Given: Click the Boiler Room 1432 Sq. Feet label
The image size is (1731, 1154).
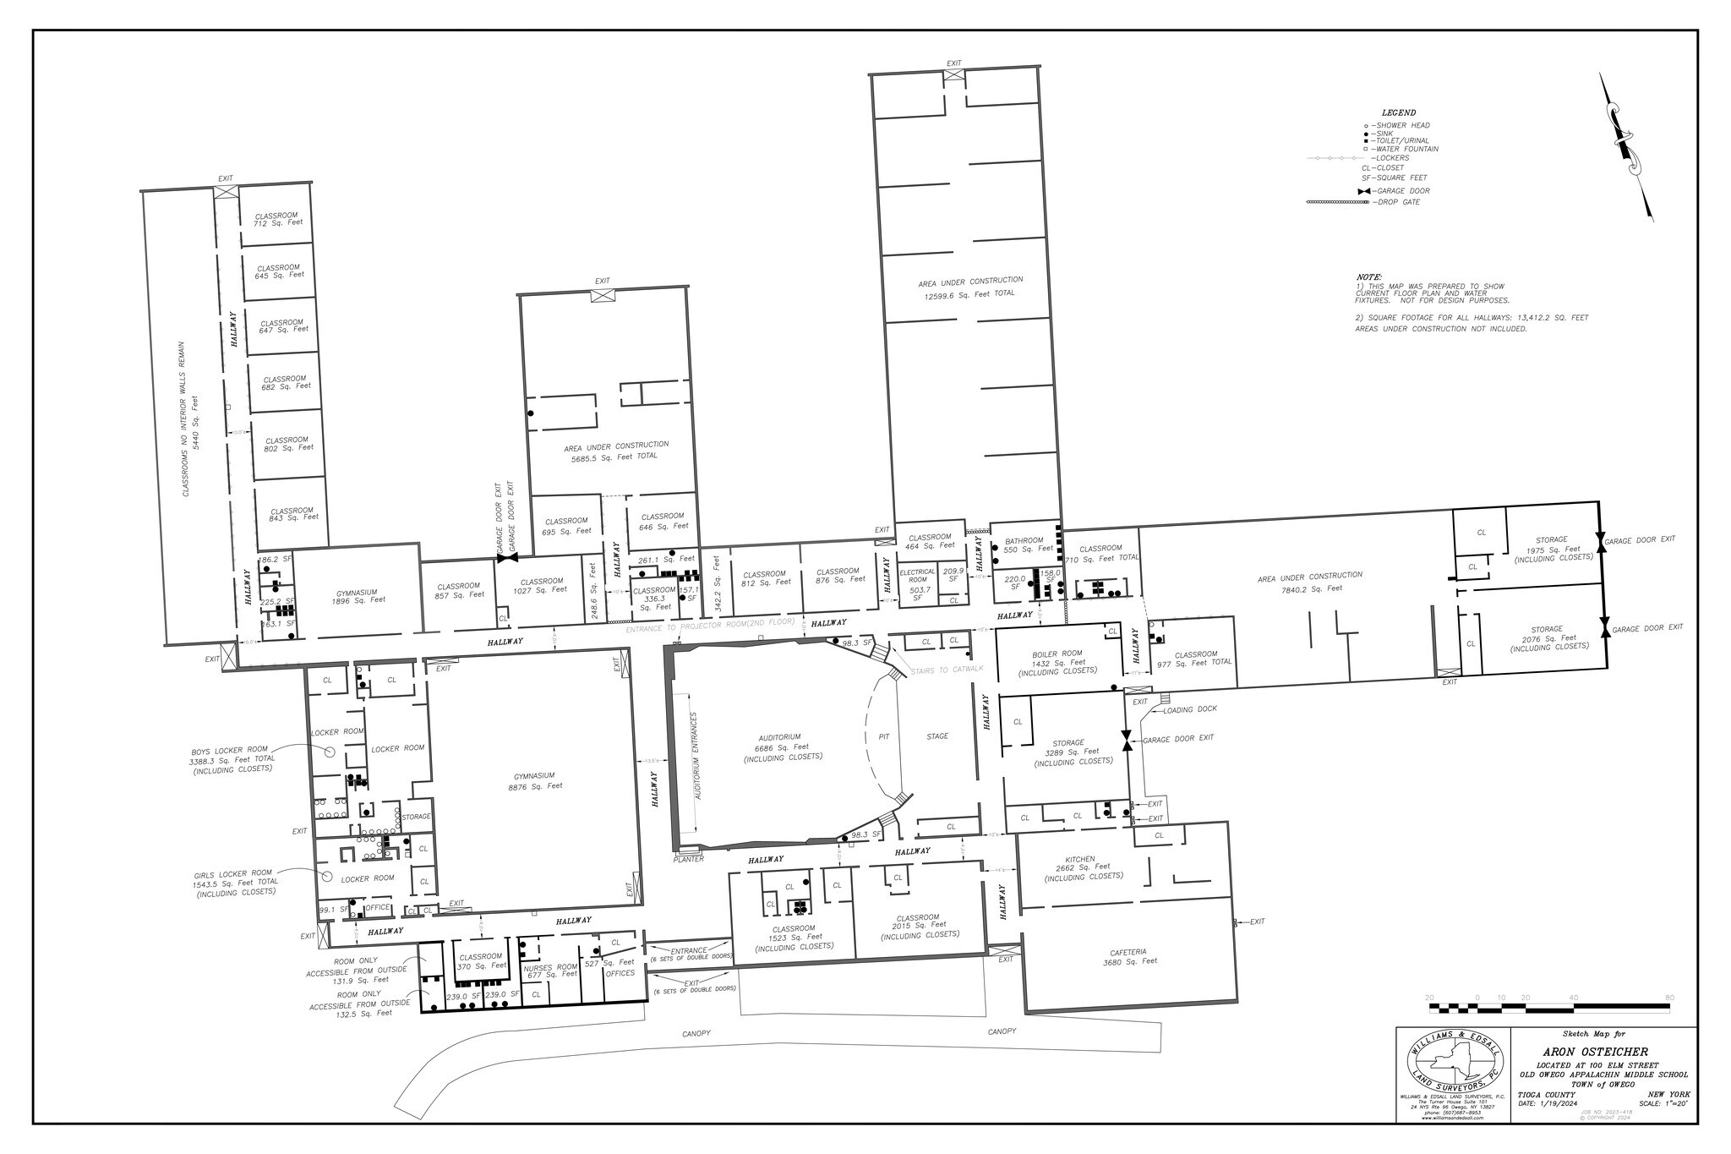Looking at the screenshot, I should pos(1057,662).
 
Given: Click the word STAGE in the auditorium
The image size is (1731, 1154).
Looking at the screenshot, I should pos(937,736).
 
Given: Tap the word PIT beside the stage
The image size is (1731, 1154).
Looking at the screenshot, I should pos(884,736).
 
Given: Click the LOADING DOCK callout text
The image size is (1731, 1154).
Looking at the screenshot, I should pos(1189,708).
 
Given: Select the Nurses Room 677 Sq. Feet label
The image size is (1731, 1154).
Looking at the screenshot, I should pos(550,971).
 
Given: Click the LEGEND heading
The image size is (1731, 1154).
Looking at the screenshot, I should pos(1399,112).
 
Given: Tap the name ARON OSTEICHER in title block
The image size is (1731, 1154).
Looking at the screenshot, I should pos(1602,1051).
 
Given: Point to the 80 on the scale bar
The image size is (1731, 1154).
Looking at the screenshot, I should pos(1669,998).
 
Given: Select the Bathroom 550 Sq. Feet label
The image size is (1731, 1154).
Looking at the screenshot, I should pos(1027,544).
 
